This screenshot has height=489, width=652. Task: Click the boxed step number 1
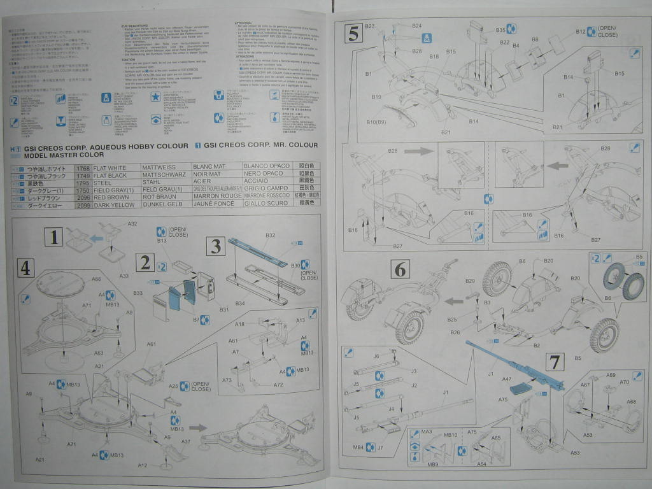click(54, 238)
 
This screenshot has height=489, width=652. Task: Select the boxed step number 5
click(353, 33)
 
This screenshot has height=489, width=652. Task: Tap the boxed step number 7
click(555, 362)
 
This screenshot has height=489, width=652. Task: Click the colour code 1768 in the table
click(82, 167)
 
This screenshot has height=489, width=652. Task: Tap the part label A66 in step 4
click(96, 279)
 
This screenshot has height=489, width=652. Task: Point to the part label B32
click(271, 236)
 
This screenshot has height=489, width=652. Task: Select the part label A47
click(507, 378)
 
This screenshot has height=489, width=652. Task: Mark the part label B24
click(416, 26)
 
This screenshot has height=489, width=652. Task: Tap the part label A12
click(143, 465)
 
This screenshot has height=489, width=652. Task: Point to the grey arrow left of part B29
click(454, 301)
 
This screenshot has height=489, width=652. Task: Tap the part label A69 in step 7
click(611, 376)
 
